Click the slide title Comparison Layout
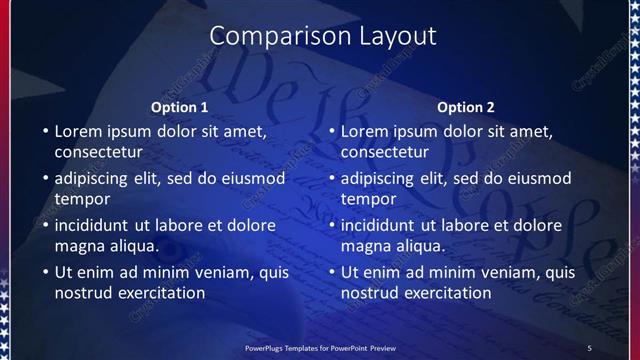point(322,36)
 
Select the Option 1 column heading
point(179,107)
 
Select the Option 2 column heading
point(466,107)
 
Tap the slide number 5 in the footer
point(589,347)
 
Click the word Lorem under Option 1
point(79,130)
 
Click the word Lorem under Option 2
point(365,130)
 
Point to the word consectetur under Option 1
point(98,153)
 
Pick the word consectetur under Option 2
point(384,153)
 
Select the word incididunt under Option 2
point(382,224)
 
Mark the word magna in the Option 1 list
point(79,246)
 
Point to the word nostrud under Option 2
point(370,293)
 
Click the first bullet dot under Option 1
point(44,131)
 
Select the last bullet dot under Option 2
point(330,272)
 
